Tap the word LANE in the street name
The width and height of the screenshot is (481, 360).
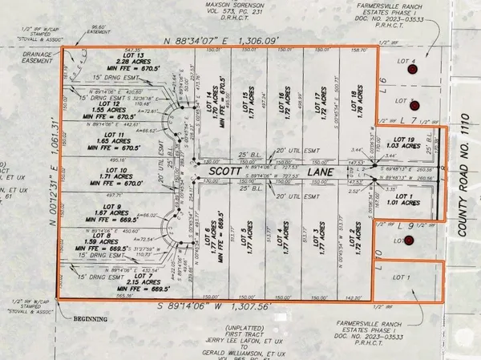point(280,171)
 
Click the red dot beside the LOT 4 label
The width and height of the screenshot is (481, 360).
point(412,71)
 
